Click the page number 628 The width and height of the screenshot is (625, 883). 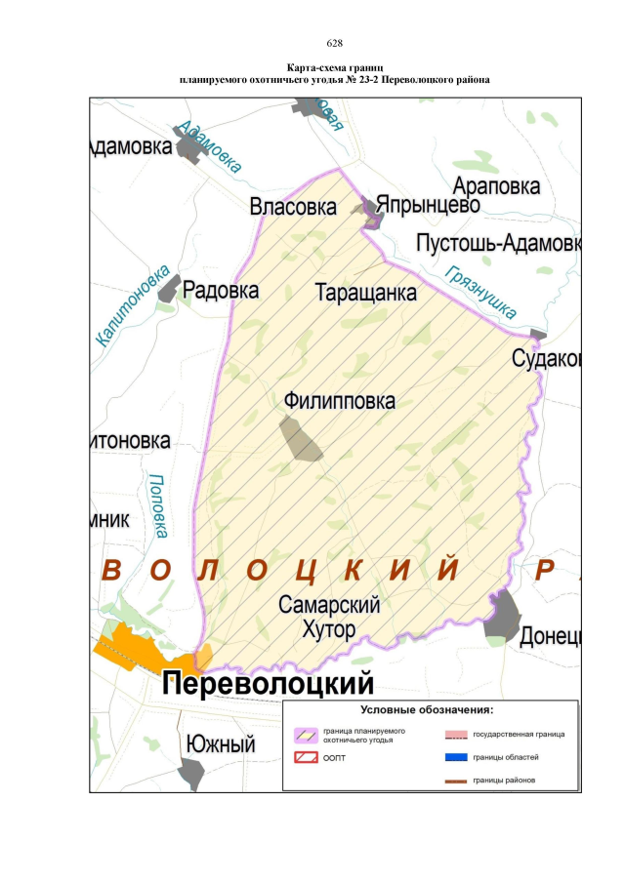click(333, 43)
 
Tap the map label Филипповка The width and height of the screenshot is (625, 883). click(340, 401)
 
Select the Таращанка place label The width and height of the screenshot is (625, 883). click(366, 292)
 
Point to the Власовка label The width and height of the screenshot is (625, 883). click(293, 207)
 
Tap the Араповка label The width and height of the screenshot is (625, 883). click(496, 186)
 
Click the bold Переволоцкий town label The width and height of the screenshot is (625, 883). click(269, 683)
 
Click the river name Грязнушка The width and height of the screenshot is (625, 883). click(479, 292)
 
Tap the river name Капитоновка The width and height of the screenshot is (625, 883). click(134, 305)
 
